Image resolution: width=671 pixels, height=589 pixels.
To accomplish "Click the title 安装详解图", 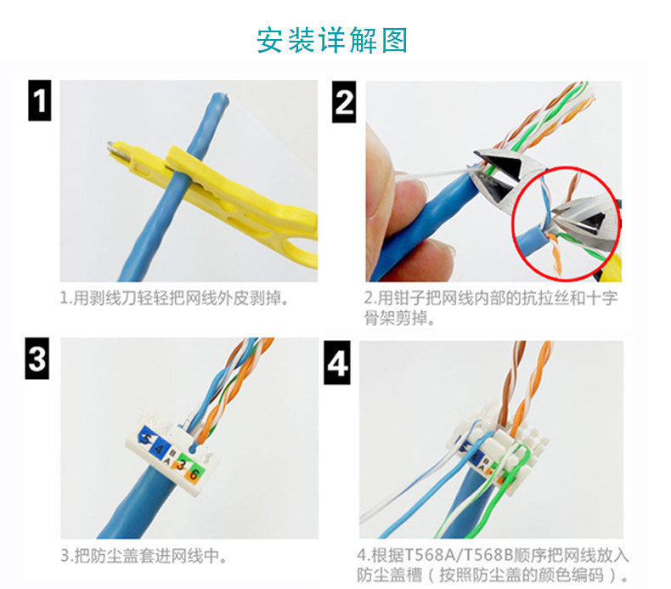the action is pos(332,40).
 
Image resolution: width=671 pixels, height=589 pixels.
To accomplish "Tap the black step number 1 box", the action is pos(40,100).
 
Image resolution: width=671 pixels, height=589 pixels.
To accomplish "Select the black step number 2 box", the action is pos(344,102).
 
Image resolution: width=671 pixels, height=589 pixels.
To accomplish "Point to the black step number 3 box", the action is pos(37,358).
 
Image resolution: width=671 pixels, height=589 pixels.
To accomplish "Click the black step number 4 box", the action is pos(337,362).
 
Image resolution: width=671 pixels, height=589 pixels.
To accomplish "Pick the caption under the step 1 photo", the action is pos(174,298).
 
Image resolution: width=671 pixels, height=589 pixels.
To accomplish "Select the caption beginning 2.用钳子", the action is pos(490,308).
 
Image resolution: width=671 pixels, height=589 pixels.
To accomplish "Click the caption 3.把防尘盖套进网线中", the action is pos(143,556).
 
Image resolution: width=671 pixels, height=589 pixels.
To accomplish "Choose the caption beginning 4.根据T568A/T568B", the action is pos(493,565).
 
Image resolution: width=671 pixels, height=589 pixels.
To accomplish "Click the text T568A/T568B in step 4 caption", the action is pos(459,555).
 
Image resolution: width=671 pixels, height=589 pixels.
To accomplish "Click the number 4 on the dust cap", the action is pos(160,450).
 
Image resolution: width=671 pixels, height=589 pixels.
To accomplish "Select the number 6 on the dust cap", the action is pos(194,474).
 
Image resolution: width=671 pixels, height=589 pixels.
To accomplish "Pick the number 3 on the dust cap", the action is pos(182,464).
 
